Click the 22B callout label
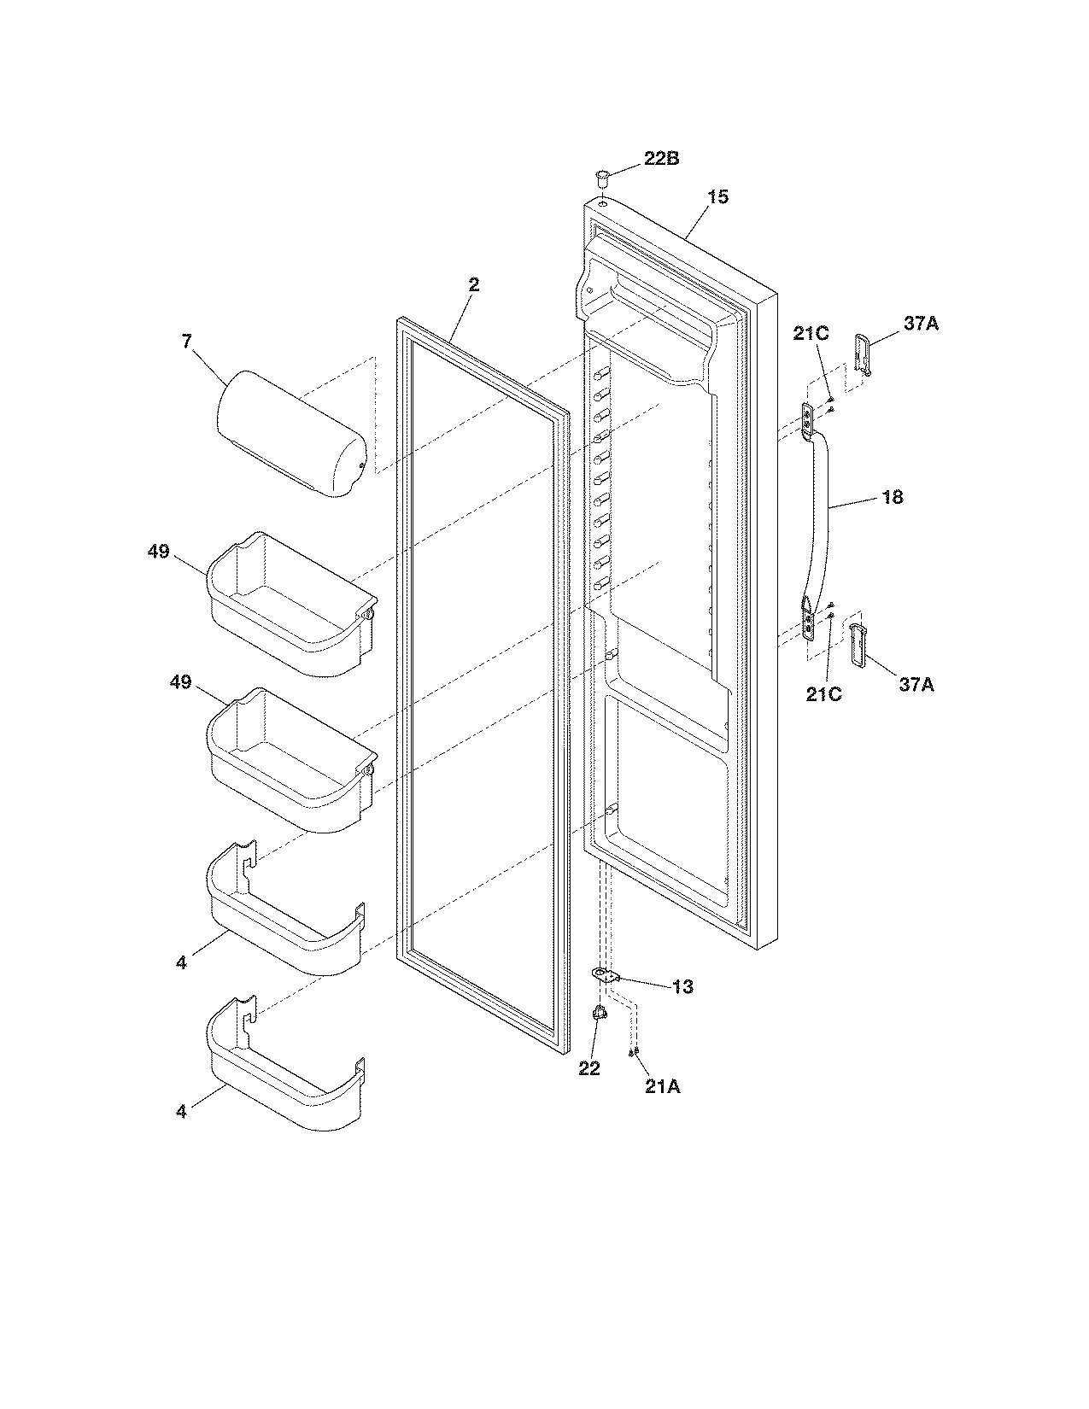[x=661, y=159]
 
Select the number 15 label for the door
[x=717, y=196]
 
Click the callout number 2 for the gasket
[x=473, y=285]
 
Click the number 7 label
[x=186, y=342]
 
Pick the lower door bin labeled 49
[x=290, y=760]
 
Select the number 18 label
[x=892, y=497]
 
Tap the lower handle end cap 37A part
[x=857, y=642]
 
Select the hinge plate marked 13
[x=606, y=975]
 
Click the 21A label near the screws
[x=664, y=1086]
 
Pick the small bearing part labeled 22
[x=599, y=1012]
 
